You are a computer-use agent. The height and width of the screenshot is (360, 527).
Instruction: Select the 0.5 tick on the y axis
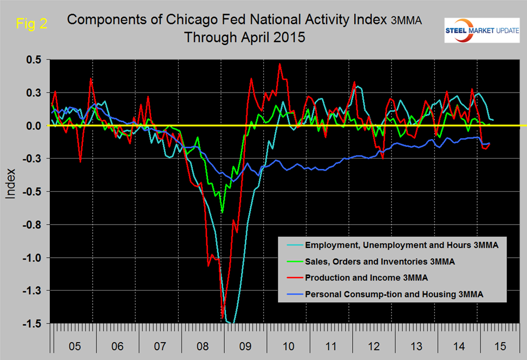point(34,60)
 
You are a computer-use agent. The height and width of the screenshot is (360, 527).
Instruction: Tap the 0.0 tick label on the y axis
point(34,126)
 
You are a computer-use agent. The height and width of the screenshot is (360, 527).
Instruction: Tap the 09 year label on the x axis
point(246,345)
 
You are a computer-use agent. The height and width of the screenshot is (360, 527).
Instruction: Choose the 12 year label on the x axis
point(374,345)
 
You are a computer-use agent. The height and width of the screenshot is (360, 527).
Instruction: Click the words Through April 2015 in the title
point(245,38)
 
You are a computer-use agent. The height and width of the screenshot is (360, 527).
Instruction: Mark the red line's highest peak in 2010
point(280,64)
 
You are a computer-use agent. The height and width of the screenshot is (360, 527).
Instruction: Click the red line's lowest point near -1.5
point(222,318)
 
